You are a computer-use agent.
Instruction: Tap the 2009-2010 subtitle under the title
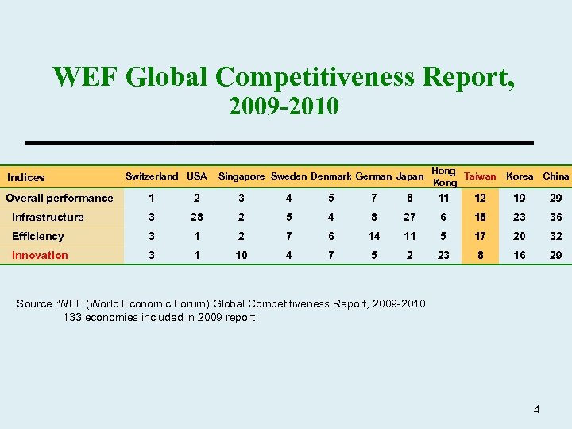coord(284,105)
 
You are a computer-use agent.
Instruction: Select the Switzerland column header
coord(152,176)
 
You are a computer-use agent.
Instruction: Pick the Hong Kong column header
coord(443,176)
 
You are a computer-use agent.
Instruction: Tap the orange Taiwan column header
coord(480,176)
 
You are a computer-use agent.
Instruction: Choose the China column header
coord(555,176)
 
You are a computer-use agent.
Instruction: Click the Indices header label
coord(25,177)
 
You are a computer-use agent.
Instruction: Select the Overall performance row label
coord(60,198)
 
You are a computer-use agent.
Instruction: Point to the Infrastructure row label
coord(48,217)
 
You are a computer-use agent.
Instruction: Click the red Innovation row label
coord(40,255)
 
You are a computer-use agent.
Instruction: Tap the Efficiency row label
coord(37,236)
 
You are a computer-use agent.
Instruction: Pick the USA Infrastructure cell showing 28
coord(195,217)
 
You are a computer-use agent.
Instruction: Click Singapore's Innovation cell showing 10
coord(242,255)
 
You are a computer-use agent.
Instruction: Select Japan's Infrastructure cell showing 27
coord(409,217)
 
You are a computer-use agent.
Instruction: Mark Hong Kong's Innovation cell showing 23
coord(443,255)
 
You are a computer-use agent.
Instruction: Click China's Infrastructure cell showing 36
coord(555,217)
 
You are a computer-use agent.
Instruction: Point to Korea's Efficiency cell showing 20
coord(520,236)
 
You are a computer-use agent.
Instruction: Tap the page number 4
coord(537,409)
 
